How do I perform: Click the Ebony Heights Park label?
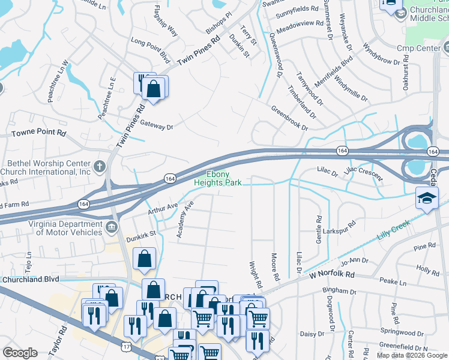pyautogui.click(x=218, y=178)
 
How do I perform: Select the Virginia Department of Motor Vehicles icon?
pyautogui.click(x=111, y=227)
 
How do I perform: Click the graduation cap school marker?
pyautogui.click(x=427, y=199)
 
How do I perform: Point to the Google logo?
pyautogui.click(x=20, y=353)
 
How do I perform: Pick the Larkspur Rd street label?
pyautogui.click(x=340, y=224)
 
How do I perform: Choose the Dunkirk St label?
pyautogui.click(x=141, y=236)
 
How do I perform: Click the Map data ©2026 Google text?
pyautogui.click(x=411, y=355)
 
